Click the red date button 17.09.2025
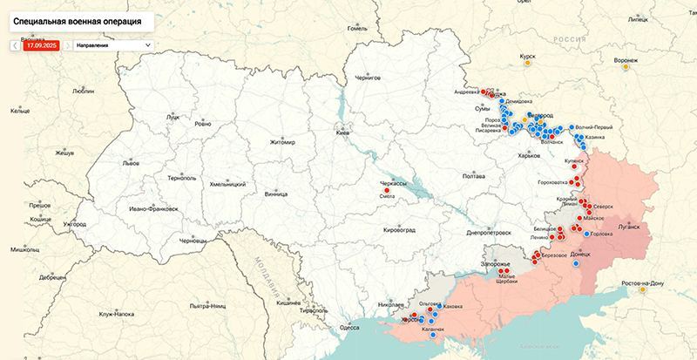41,44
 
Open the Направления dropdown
112,44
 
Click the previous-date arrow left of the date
15,44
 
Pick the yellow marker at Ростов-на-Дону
643,290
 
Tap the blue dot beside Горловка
585,234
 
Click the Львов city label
131,163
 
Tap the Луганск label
628,225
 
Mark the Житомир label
283,142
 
